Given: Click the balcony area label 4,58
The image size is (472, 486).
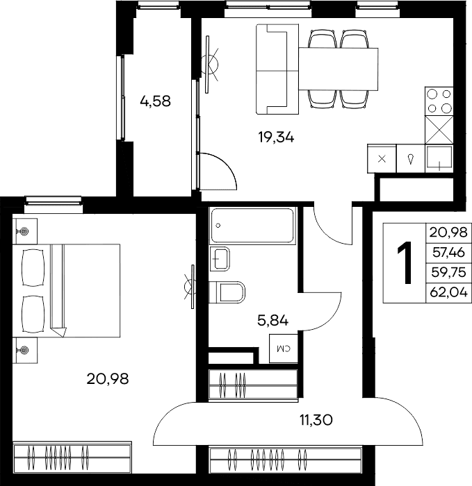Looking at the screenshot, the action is (155, 101).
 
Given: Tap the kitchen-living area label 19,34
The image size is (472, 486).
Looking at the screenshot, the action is (276, 137).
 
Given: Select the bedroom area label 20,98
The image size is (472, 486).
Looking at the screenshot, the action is (107, 379).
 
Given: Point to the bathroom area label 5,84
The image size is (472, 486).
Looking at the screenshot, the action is (272, 321).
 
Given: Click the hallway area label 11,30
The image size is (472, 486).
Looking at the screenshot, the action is (316, 420).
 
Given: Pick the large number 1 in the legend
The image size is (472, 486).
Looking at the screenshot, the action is (405, 262).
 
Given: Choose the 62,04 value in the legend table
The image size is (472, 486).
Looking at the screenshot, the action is (448, 292).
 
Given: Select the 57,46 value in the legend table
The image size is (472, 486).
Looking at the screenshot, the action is (448, 253).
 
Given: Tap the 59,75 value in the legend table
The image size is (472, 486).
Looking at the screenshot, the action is (448, 272).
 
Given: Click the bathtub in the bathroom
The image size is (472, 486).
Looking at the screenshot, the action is (252, 226).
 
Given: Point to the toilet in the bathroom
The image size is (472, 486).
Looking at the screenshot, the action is (227, 292).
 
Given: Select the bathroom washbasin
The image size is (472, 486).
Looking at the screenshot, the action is (220, 259).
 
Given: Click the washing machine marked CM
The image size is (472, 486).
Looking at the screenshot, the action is (284, 349).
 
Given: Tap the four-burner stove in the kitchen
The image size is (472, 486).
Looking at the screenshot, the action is (439, 101).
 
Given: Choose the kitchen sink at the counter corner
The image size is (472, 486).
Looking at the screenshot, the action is (439, 158).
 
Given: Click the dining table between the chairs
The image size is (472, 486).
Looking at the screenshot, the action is (339, 69).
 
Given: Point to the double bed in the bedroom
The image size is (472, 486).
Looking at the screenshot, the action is (67, 291).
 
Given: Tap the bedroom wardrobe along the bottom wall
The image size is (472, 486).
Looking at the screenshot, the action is (72, 457).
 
